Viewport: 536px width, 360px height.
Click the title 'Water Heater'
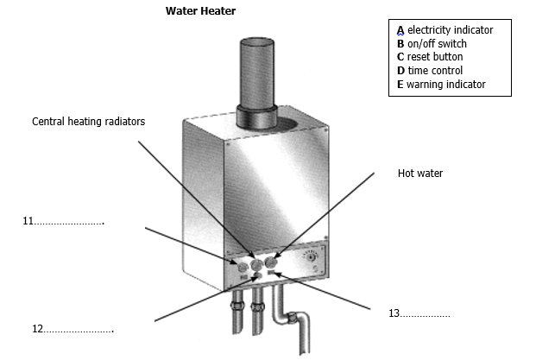point(200,11)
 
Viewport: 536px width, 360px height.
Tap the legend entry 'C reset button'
point(429,57)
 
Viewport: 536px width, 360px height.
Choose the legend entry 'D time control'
point(429,71)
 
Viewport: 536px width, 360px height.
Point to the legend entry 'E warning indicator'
point(440,85)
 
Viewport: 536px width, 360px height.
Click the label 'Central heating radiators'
point(89,122)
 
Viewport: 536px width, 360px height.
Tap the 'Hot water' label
point(420,174)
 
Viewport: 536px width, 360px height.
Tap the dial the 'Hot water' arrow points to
point(273,262)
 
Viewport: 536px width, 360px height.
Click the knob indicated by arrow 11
point(241,266)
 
